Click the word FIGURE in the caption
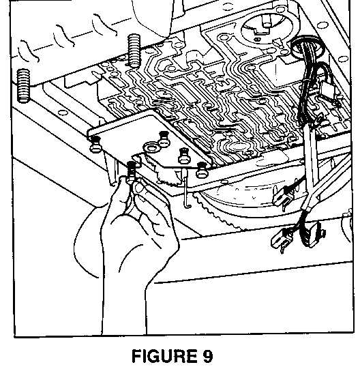[164, 356]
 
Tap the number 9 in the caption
[207, 356]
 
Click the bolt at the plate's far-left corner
[95, 144]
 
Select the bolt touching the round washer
[164, 139]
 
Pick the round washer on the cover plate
[151, 147]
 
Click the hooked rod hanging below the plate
[186, 189]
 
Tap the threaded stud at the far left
[23, 86]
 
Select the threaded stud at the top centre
[134, 50]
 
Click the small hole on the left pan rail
[62, 113]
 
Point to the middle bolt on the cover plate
[184, 156]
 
